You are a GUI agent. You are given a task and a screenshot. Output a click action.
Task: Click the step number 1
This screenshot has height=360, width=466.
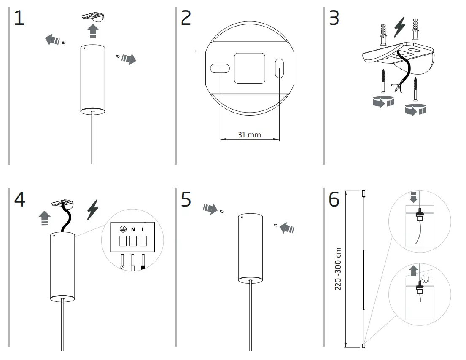(x=19, y=18)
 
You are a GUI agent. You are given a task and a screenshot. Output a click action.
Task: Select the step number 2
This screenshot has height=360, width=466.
(x=186, y=18)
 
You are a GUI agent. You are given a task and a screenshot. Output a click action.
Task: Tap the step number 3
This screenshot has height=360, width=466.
(x=334, y=18)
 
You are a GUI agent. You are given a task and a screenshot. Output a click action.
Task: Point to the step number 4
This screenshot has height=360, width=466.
(x=19, y=199)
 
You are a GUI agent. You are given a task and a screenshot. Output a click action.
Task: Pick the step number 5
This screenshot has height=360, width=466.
(x=186, y=199)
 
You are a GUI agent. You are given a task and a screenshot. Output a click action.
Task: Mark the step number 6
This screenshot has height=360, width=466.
(x=334, y=199)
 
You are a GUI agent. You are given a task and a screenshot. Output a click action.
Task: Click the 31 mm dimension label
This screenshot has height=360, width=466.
(x=249, y=135)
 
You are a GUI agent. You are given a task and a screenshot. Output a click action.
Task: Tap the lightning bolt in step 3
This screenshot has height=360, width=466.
(x=399, y=27)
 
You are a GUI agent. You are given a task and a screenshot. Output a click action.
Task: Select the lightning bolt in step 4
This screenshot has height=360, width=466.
(x=92, y=210)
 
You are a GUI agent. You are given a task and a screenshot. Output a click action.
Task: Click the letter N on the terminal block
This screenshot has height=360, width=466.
(x=133, y=230)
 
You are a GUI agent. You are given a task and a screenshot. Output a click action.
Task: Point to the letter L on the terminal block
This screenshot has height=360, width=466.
(x=143, y=230)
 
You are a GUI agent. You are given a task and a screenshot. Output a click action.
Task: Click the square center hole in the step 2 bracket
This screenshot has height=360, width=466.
(x=249, y=67)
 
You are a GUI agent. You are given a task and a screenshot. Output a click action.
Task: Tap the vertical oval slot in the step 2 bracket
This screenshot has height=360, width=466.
(x=279, y=67)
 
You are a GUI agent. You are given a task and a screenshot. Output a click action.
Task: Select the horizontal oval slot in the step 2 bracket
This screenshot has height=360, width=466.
(x=219, y=68)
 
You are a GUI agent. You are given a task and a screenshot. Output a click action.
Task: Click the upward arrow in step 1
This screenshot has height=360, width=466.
(x=93, y=32)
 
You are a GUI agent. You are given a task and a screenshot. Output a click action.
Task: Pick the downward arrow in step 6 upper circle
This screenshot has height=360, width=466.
(x=414, y=197)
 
